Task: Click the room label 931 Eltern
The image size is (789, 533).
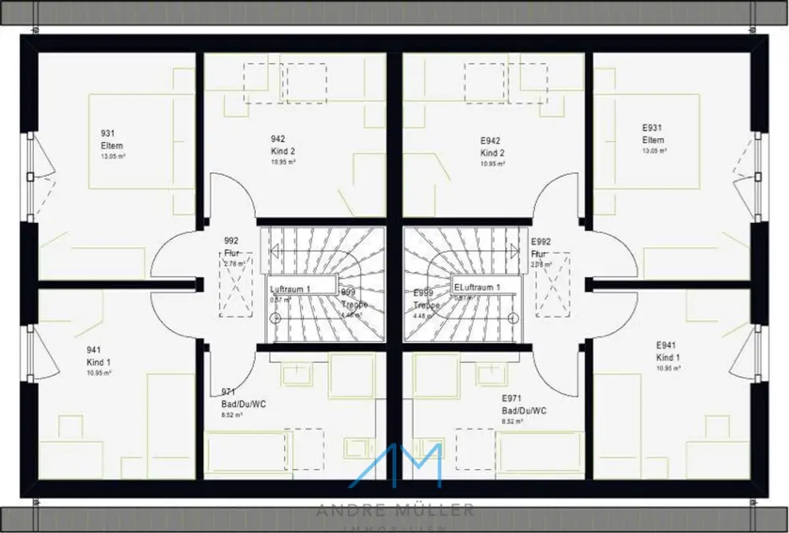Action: [111, 140]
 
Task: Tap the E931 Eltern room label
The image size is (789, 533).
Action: [653, 134]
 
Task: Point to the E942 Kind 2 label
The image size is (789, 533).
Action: [492, 147]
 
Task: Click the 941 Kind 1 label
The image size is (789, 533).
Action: [99, 356]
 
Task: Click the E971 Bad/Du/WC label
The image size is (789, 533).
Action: [524, 404]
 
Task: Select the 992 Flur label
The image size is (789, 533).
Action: [231, 247]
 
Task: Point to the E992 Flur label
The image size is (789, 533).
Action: [540, 248]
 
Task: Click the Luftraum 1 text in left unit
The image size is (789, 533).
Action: [290, 289]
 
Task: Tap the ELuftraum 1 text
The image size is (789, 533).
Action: [477, 288]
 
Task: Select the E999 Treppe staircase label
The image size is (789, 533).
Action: [425, 299]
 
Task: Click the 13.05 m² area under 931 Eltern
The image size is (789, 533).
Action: [114, 157]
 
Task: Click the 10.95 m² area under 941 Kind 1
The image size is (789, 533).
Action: [99, 372]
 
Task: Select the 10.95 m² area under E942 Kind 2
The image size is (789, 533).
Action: [492, 164]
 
